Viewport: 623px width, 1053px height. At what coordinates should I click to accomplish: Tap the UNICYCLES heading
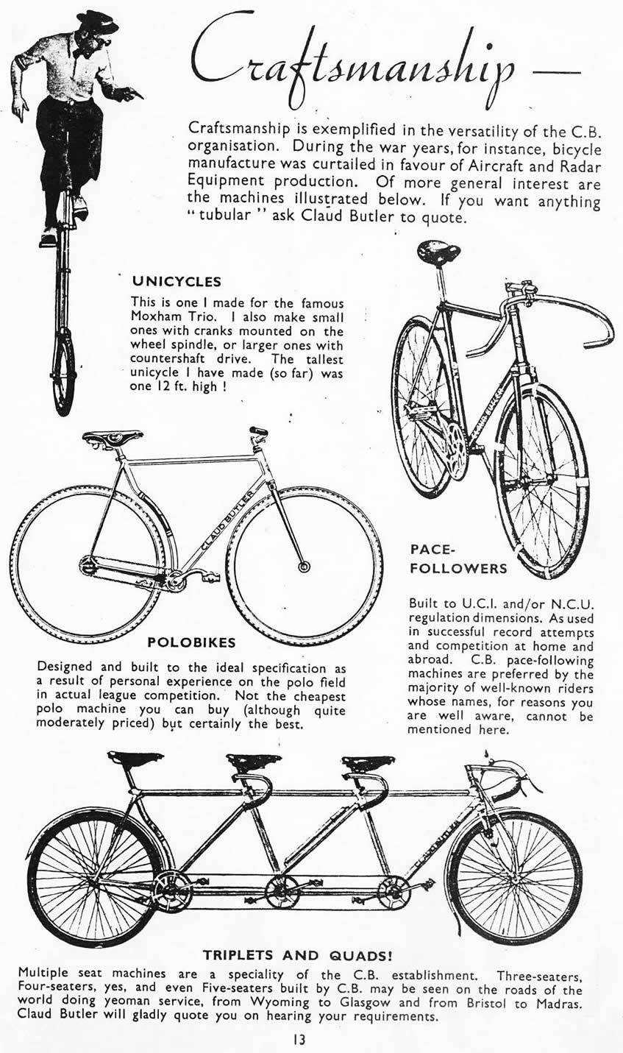tap(177, 281)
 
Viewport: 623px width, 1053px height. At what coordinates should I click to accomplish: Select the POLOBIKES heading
tap(191, 642)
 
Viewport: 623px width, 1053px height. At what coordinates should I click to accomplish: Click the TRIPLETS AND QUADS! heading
tap(297, 956)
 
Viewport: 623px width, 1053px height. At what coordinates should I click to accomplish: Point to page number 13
tap(297, 1040)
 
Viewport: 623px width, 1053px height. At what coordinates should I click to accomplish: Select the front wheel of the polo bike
tap(304, 565)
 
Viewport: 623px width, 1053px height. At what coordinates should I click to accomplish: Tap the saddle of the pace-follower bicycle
tap(438, 252)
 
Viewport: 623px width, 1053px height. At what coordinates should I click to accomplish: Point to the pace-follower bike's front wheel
tap(541, 482)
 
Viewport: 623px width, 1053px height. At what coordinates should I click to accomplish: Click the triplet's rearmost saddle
tap(135, 758)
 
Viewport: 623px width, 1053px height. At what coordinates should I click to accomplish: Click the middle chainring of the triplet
tap(283, 891)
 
